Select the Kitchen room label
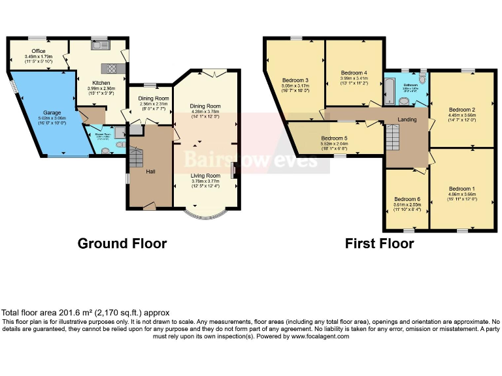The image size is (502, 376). (101, 83)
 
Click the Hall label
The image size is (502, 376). (150, 171)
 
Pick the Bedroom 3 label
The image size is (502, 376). (295, 80)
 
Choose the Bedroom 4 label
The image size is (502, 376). (354, 72)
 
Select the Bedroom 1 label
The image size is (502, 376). (462, 189)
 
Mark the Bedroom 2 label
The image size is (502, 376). (462, 109)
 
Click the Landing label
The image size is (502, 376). (407, 119)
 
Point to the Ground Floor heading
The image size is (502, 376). (122, 243)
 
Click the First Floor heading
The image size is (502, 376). (380, 243)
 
